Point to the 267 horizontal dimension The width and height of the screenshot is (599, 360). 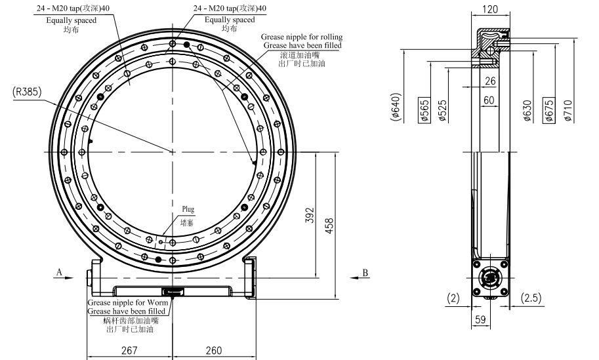[x=129, y=350]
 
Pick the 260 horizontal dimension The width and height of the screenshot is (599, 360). [x=213, y=350]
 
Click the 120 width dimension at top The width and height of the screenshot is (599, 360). [x=489, y=9]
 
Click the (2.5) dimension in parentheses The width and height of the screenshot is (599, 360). [x=531, y=298]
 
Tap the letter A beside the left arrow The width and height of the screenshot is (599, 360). [x=59, y=271]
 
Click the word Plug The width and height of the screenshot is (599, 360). [x=188, y=210]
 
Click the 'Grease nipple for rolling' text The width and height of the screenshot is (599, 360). [x=301, y=37]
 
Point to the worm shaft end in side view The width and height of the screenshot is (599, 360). [x=489, y=279]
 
